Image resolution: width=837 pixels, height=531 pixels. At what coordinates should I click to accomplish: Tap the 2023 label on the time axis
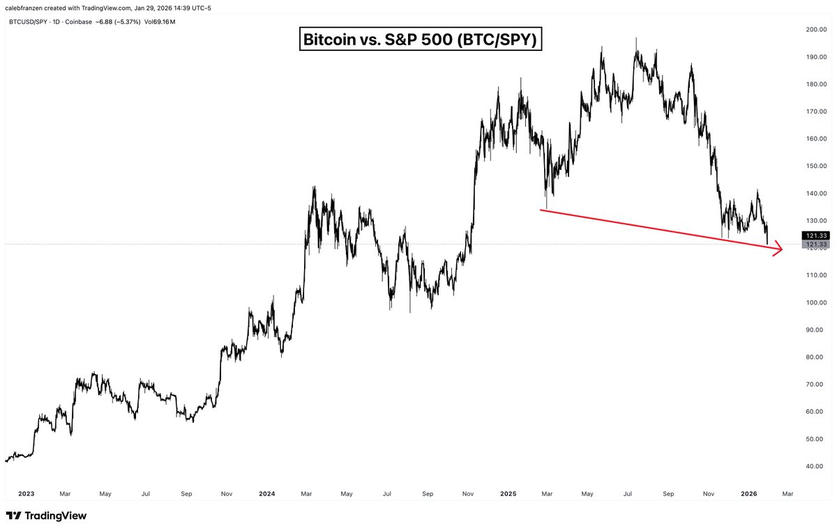coord(26,493)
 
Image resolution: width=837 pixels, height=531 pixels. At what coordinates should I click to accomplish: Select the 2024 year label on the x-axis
coord(267,493)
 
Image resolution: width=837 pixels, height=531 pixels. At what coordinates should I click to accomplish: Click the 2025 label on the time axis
coord(508,493)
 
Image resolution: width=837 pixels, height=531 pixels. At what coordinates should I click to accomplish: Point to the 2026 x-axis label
coord(749,493)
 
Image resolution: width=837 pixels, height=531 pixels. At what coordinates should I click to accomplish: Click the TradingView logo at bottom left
coord(46,516)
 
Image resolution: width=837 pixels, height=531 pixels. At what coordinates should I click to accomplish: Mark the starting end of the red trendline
coord(541,210)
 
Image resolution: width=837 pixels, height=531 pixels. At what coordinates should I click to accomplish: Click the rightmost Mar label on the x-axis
coord(787,493)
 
